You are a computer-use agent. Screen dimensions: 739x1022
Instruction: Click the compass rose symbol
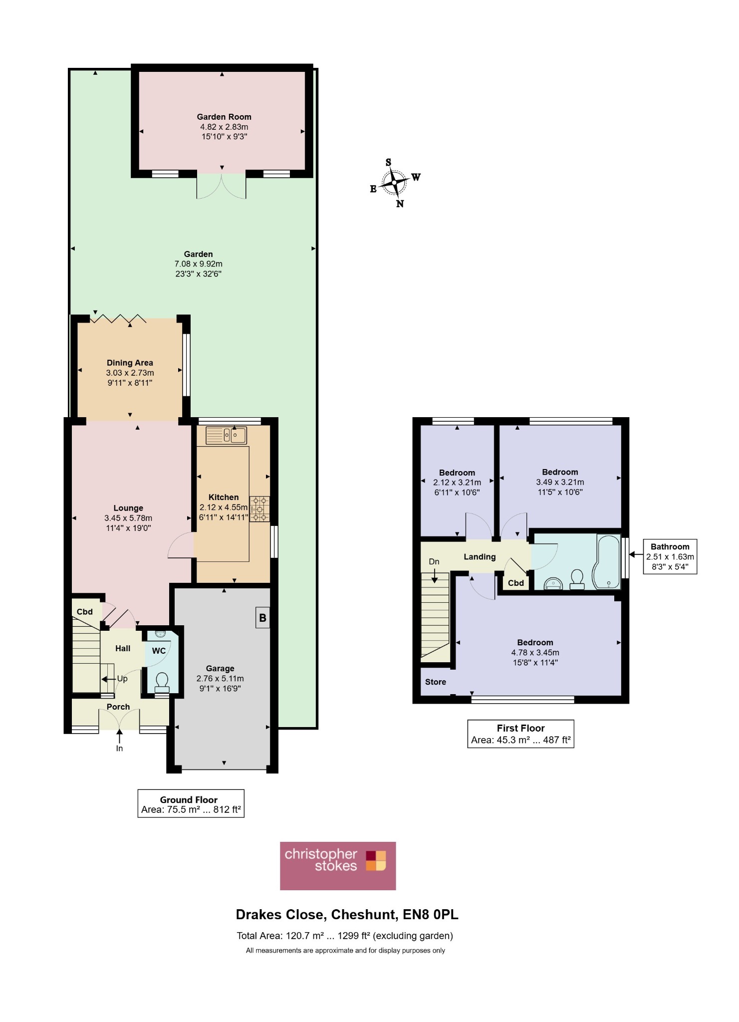(395, 183)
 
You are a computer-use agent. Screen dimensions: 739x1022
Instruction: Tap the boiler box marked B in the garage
(262, 618)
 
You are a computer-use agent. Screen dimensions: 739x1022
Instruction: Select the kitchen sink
(227, 435)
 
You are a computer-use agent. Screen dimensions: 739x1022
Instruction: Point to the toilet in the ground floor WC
(162, 681)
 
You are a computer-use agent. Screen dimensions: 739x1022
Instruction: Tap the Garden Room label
(224, 117)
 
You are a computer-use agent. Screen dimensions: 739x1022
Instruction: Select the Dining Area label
(130, 363)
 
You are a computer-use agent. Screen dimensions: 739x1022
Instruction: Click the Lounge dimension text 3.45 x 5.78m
(128, 518)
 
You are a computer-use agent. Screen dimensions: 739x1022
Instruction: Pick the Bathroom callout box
(670, 556)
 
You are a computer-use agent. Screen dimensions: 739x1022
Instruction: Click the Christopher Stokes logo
(338, 866)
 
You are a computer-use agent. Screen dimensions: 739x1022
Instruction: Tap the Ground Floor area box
(191, 803)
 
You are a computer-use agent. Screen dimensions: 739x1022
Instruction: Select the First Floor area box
(520, 734)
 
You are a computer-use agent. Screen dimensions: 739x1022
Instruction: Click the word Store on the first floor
(436, 682)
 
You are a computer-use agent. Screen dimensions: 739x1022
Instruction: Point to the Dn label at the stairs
(434, 561)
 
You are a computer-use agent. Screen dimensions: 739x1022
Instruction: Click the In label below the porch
(119, 749)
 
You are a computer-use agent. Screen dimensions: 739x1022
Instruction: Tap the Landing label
(480, 557)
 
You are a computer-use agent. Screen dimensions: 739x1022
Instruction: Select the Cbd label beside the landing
(516, 583)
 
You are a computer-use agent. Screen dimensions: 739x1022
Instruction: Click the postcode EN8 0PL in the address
(431, 915)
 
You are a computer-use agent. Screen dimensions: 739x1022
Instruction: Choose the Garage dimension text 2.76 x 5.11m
(220, 679)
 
